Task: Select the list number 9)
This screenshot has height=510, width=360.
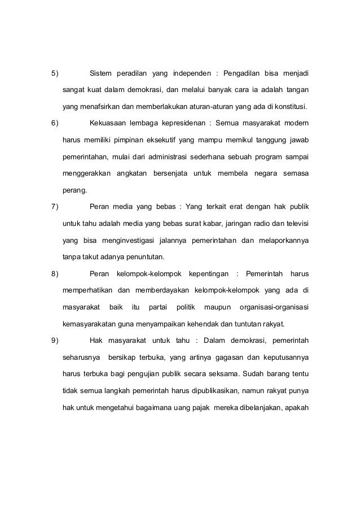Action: click(55, 339)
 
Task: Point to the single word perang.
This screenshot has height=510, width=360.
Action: click(74, 190)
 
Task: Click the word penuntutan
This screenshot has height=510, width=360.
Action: click(144, 256)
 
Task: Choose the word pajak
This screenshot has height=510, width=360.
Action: click(196, 405)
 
